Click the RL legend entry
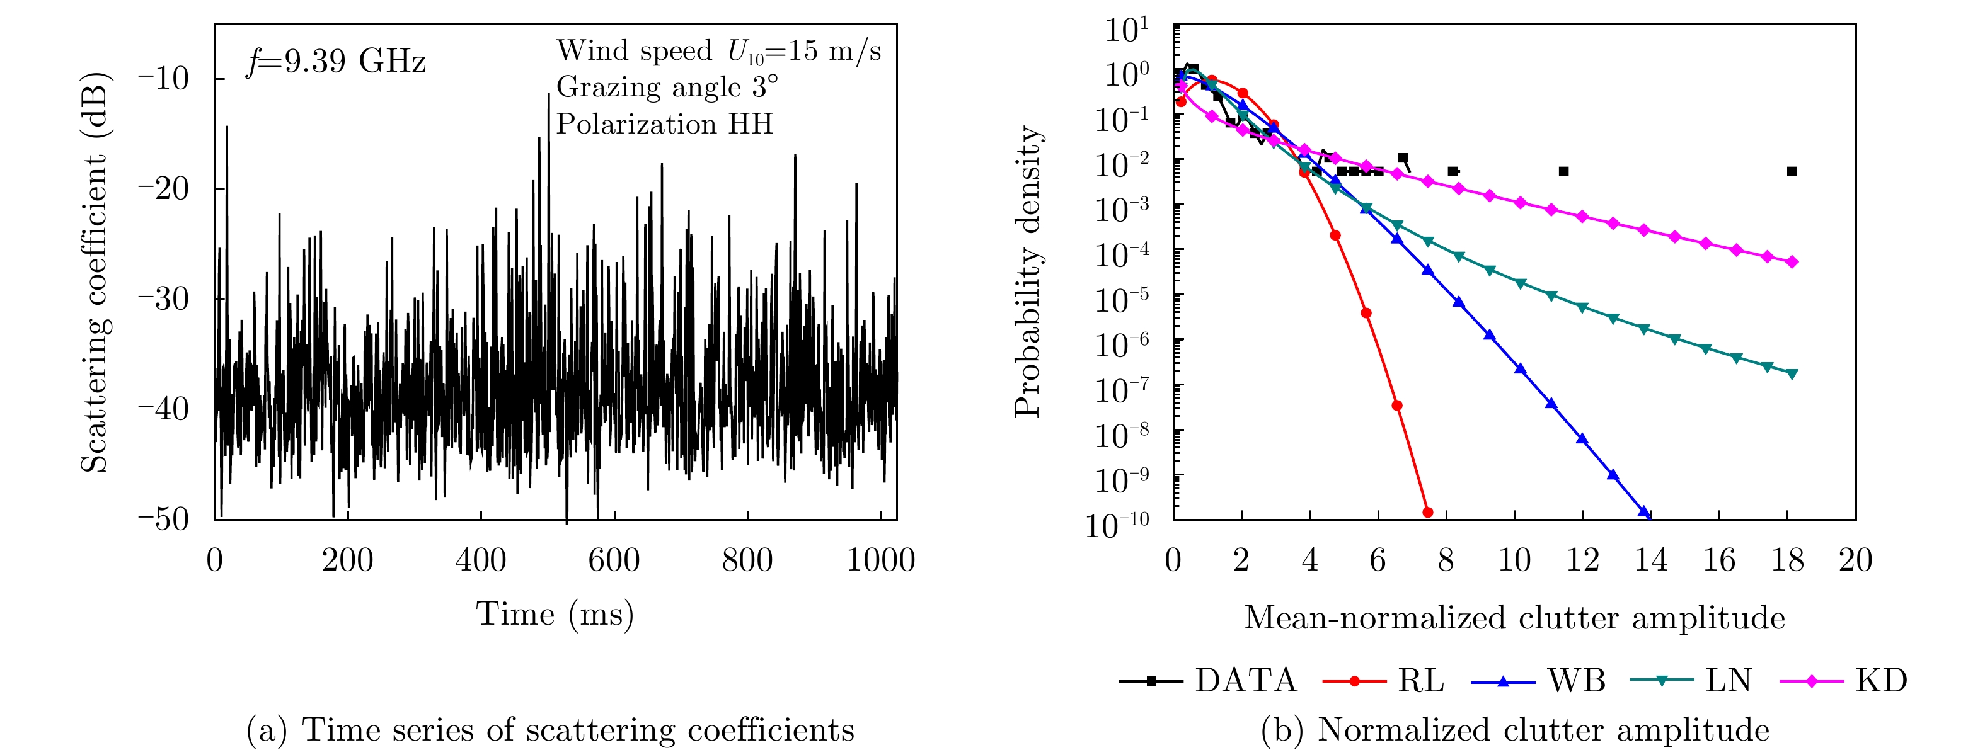(1384, 681)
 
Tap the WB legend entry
(1539, 681)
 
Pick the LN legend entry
(1692, 681)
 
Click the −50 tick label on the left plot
(163, 519)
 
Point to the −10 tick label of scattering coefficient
(163, 79)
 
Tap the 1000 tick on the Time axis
(881, 560)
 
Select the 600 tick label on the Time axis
(614, 560)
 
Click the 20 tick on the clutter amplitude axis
(1856, 560)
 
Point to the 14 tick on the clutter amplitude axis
(1650, 560)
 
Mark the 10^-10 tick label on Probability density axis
(1117, 523)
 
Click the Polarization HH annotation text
(664, 124)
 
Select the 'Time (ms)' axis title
(555, 615)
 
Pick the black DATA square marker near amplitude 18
(1792, 171)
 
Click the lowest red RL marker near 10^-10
(1427, 512)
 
